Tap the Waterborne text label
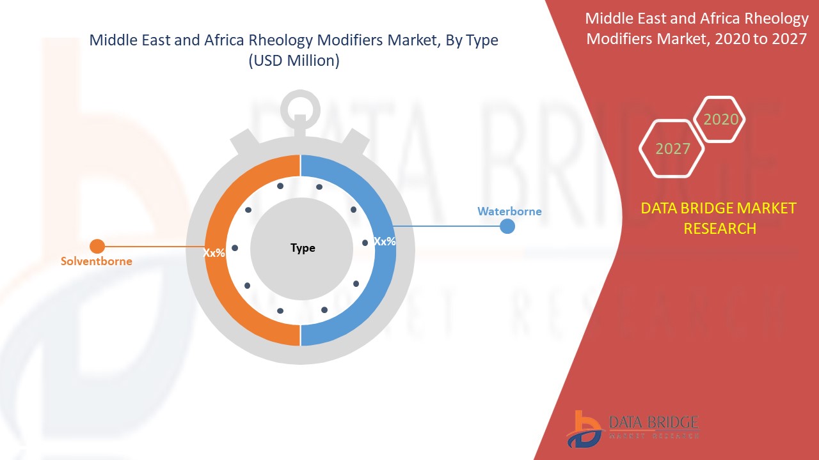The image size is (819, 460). coord(509,211)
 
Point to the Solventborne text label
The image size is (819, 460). coord(97,261)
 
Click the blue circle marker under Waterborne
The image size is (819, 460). coord(507,226)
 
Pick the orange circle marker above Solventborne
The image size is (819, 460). coord(97,247)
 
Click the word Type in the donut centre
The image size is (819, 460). coord(303,248)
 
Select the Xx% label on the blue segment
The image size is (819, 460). coord(385,241)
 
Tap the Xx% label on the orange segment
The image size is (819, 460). coord(214,252)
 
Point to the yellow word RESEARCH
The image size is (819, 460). coord(720,229)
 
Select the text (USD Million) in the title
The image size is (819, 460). coord(294,61)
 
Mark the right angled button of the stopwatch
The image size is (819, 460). coord(354,143)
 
